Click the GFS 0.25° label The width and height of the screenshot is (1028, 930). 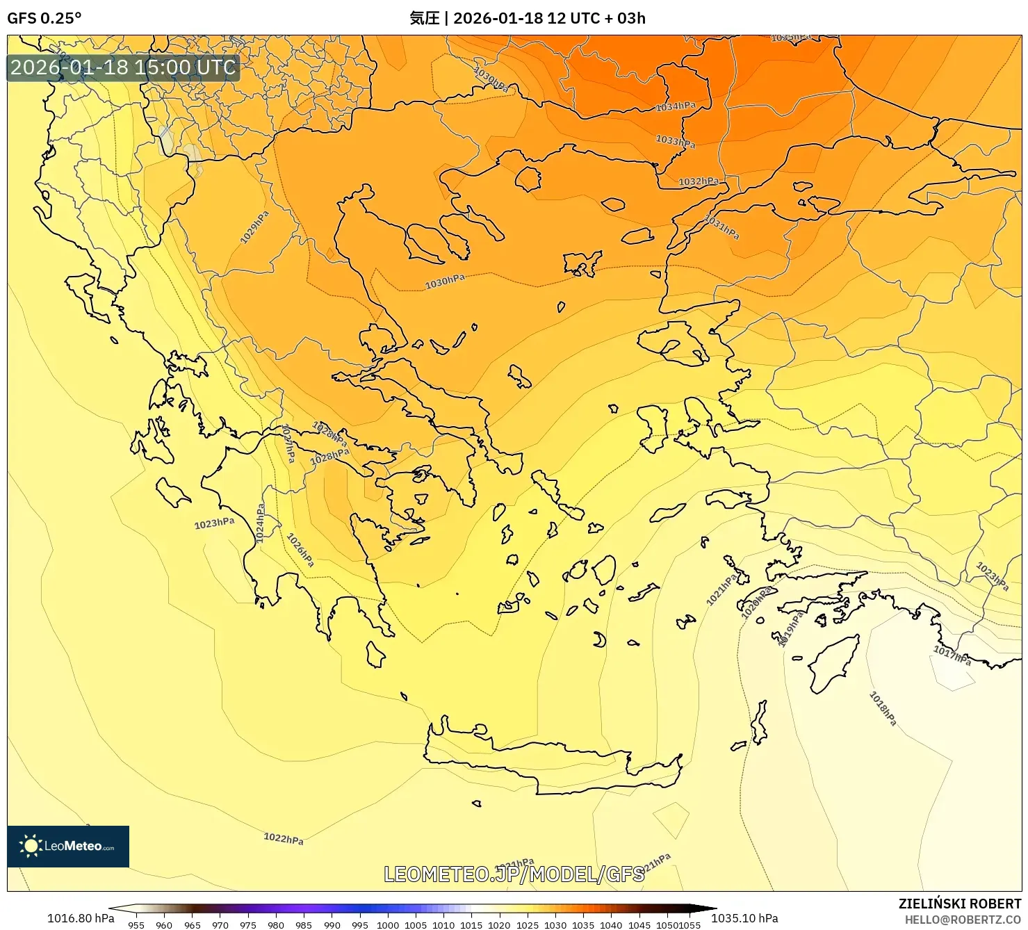pos(44,18)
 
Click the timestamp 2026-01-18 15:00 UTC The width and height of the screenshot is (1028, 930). pos(123,67)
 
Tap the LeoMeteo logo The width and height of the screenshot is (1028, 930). pos(68,846)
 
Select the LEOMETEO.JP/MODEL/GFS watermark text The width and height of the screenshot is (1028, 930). pos(514,874)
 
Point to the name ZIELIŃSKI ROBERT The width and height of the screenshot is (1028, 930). pos(959,904)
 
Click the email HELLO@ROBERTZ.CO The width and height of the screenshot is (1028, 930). pos(963,920)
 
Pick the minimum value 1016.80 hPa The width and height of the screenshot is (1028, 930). pos(81,918)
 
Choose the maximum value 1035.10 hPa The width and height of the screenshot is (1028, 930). pos(744,918)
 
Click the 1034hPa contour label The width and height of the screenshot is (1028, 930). pos(676,106)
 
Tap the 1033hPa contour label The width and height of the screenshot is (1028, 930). pos(675,141)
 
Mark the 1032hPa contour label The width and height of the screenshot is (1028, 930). pos(699,181)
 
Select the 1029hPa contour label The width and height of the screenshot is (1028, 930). pos(254,227)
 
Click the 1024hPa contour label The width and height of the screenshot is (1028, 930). pos(260,523)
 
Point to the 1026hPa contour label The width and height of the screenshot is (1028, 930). pos(300,549)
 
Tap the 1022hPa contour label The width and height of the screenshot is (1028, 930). pos(283,838)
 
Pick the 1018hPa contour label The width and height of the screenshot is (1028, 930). pos(883,708)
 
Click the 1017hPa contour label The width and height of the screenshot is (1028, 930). pos(952,655)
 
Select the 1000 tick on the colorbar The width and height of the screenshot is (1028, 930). pos(387,925)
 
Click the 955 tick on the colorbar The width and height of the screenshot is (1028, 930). pos(136,925)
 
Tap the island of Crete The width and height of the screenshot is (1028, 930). pos(549,761)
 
